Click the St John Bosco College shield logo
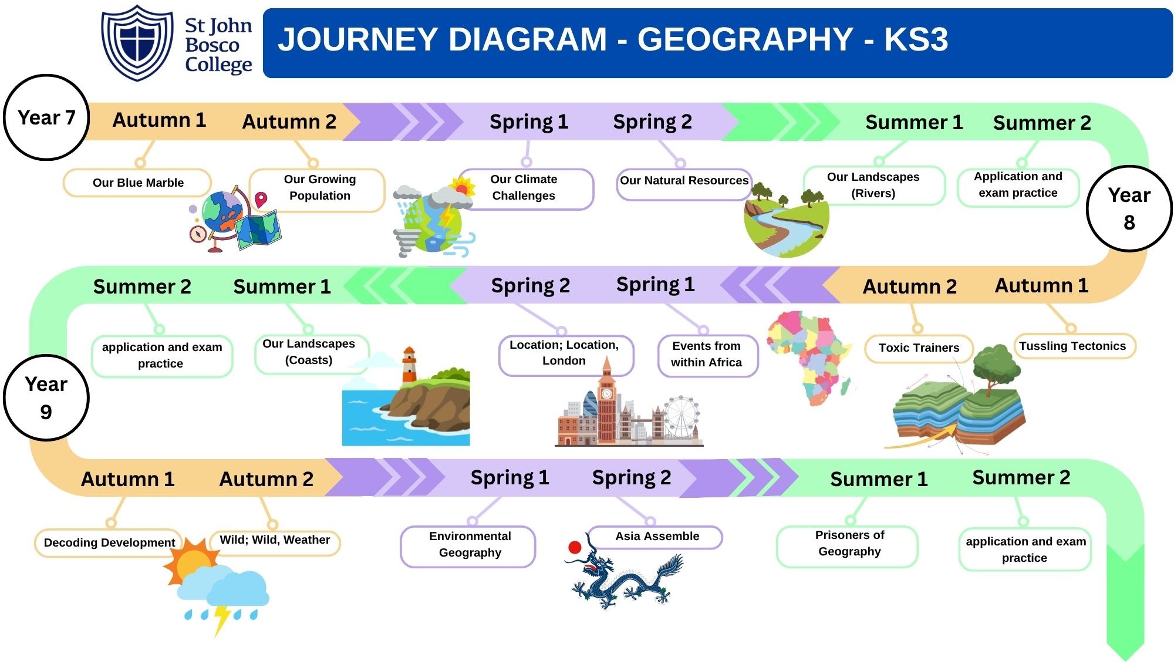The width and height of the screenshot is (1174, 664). tap(137, 42)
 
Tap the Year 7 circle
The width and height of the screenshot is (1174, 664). tap(46, 117)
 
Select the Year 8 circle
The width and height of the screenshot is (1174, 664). tap(1129, 208)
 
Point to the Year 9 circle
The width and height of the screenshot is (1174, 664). tap(46, 397)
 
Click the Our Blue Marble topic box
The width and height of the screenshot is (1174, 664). tap(137, 183)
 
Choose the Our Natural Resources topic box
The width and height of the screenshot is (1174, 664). tap(684, 181)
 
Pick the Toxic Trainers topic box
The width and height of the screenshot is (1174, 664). tap(919, 348)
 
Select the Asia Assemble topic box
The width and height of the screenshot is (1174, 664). tap(657, 536)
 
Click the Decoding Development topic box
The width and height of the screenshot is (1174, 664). tap(109, 542)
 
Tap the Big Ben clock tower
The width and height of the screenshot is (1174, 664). tap(606, 399)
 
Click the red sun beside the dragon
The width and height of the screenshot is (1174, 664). tap(575, 547)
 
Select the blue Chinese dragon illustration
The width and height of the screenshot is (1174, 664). tap(625, 576)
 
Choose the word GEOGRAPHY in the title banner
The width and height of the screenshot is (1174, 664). tap(745, 39)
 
